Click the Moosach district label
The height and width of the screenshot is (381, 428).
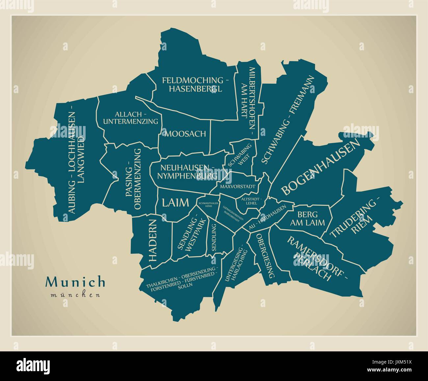pos(185,134)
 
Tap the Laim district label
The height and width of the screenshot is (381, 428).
pos(175,202)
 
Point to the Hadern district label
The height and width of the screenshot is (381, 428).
pos(153,240)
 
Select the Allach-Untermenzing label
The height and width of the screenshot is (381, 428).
pos(131,118)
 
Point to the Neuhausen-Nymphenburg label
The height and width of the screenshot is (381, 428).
pos(187,172)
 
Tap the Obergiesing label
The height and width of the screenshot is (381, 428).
pos(265,256)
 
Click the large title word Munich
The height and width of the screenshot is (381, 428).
pos(76,282)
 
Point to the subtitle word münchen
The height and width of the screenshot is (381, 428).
pos(76,295)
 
